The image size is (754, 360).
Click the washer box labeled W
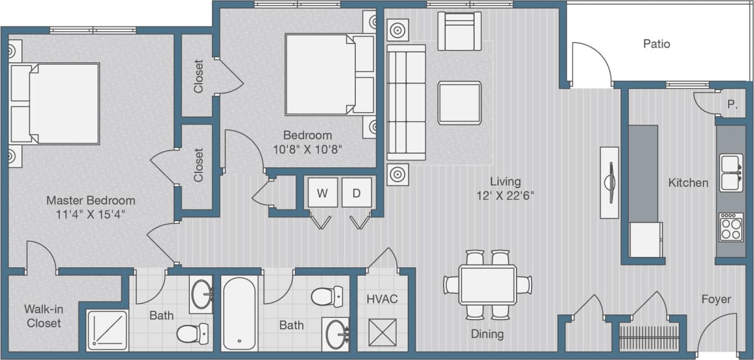pos(322,192)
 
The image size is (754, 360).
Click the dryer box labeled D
pos(357,192)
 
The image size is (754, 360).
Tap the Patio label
pos(656,44)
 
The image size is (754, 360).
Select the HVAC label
pos(382,299)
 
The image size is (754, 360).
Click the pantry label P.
pos(731,104)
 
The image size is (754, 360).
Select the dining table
pos(488,284)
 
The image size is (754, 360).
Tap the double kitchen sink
pos(731,172)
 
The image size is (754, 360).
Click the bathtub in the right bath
pos(239,313)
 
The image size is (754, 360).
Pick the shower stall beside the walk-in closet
pos(107,330)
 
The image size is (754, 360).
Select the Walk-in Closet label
pos(43,316)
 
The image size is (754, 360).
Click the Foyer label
pos(716,299)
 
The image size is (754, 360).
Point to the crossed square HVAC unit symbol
pos(381,332)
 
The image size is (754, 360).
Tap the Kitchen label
pos(688,183)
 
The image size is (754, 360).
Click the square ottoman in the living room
pos(459,102)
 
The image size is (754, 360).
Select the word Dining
pos(487,335)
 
